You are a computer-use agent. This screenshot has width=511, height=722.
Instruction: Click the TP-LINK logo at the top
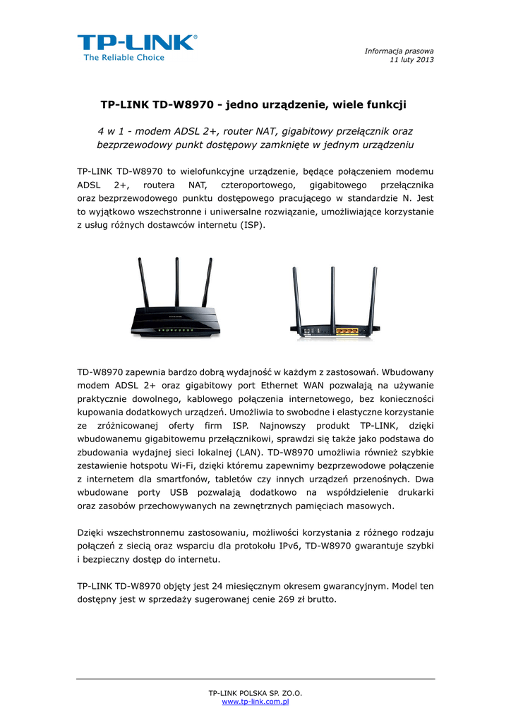(137, 42)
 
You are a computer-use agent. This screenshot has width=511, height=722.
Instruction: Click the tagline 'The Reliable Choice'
(124, 58)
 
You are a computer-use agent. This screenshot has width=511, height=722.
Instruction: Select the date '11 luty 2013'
(412, 59)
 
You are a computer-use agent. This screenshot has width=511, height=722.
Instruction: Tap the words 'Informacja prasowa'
(399, 51)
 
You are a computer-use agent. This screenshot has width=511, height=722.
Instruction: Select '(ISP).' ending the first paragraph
(252, 225)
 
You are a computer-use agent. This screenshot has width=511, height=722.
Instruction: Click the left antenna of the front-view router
(143, 285)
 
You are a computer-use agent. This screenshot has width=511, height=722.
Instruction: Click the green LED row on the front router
(172, 329)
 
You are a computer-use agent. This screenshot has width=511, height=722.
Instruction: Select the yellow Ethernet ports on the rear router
(345, 329)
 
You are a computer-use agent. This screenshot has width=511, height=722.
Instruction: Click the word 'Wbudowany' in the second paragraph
(408, 372)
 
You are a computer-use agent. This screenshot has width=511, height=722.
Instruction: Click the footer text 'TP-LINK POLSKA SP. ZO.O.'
(255, 694)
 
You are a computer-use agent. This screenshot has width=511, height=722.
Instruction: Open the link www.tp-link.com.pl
(255, 702)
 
